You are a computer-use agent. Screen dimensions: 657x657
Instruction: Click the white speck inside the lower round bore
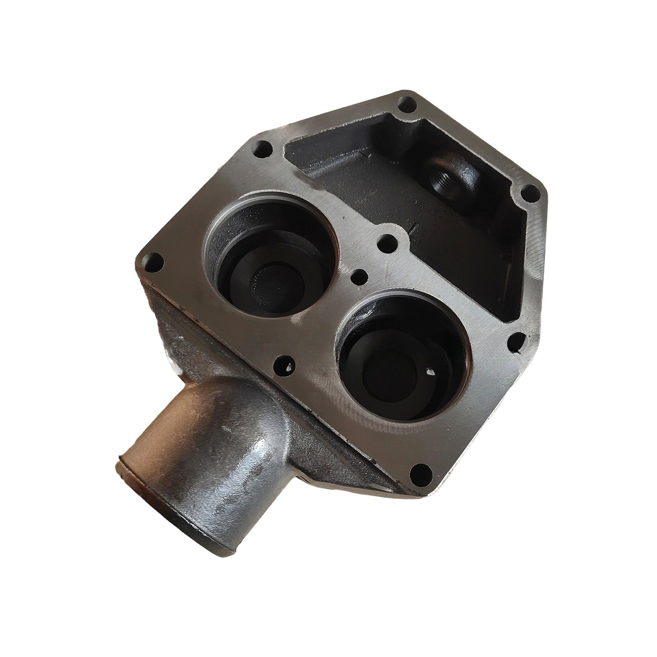coord(430,372)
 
